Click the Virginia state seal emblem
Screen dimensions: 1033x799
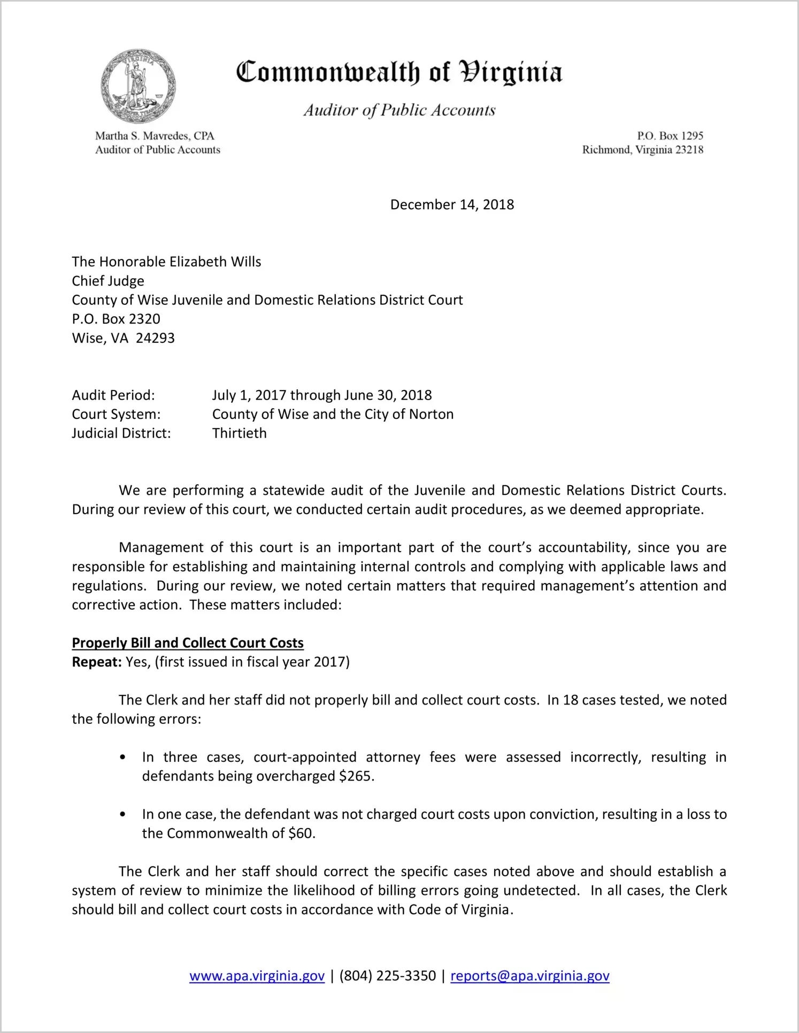[138, 86]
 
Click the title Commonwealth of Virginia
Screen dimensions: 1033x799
[399, 72]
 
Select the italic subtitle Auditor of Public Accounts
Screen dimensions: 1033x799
[399, 110]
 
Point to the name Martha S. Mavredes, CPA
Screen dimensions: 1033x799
[155, 136]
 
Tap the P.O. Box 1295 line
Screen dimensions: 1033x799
[670, 136]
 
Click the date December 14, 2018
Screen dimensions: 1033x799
[452, 204]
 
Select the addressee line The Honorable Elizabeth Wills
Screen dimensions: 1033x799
[166, 262]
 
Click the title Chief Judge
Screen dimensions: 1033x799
[108, 281]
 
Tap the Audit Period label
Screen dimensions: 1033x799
[113, 395]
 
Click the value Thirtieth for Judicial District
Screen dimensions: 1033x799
[239, 433]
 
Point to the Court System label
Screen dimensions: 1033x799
[116, 414]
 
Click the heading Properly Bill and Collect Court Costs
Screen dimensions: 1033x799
[188, 642]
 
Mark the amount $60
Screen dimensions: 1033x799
[301, 833]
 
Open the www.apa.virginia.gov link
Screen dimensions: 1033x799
[257, 976]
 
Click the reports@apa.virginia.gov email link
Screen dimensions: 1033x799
[529, 976]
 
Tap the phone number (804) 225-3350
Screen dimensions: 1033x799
[387, 976]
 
